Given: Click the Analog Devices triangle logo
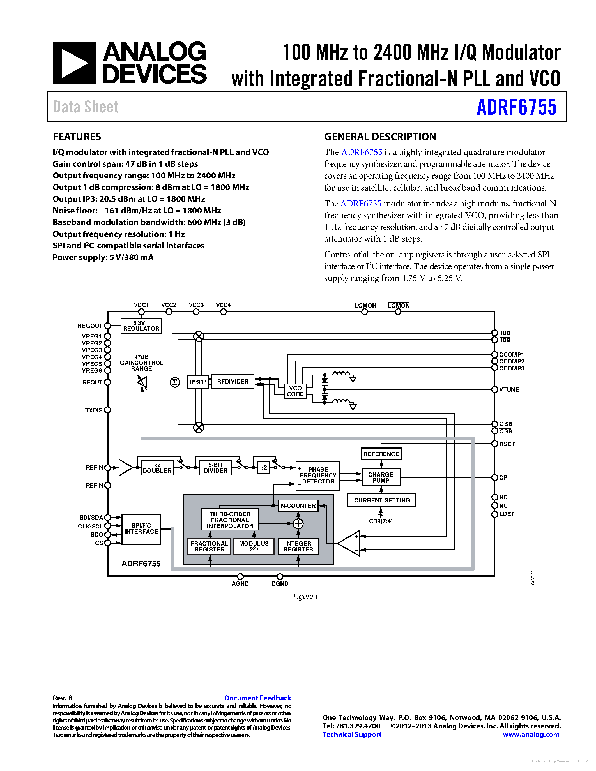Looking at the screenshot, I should [x=74, y=63].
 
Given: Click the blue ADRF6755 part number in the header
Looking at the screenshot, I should [x=516, y=107].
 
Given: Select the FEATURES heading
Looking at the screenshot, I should [x=77, y=137].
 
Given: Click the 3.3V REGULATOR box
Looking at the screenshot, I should [x=141, y=326].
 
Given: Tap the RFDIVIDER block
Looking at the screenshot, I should [x=233, y=382].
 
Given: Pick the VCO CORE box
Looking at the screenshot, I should [x=295, y=391].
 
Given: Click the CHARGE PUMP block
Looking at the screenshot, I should [x=381, y=477].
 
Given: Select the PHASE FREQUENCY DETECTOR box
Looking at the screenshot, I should [x=318, y=475].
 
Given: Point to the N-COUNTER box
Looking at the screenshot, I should [x=298, y=505].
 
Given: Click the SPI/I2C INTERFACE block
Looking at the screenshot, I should [x=141, y=529].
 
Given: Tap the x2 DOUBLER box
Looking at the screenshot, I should [x=157, y=468].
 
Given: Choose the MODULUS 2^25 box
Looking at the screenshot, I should [x=254, y=546].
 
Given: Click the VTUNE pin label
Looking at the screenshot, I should [x=509, y=390].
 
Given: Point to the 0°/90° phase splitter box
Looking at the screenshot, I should [x=198, y=382].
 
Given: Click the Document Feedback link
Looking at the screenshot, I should [x=257, y=698].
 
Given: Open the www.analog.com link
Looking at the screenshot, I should [x=531, y=735].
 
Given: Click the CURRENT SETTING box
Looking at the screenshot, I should [x=382, y=500].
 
